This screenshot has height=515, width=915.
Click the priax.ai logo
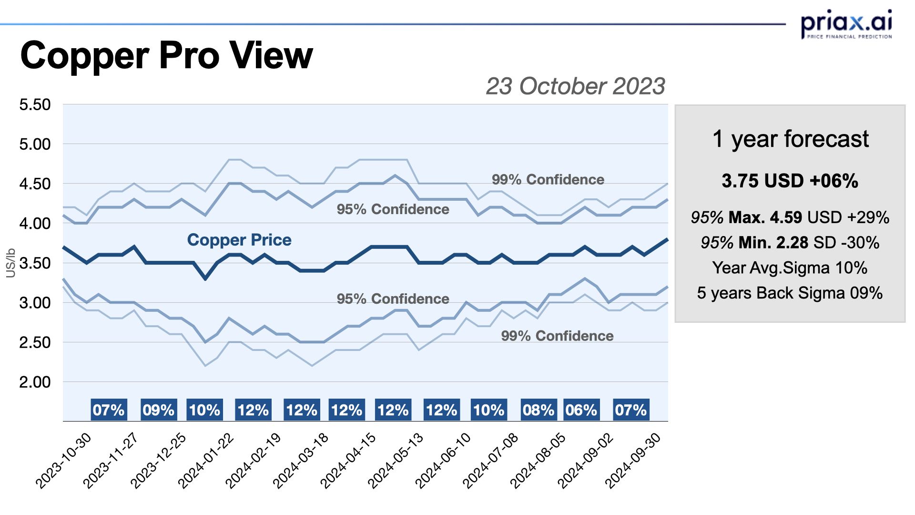pos(846,24)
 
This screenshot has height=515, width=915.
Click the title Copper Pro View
pos(166,55)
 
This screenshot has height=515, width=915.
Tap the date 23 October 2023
pos(575,86)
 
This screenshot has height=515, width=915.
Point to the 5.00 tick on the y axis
pos(35,144)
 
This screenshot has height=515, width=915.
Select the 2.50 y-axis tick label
pos(35,342)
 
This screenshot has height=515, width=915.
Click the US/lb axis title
pos(10,263)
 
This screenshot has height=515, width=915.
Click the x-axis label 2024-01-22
pos(206,461)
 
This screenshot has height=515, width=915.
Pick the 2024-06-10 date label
pos(443,461)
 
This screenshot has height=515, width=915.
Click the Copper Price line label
pos(239,240)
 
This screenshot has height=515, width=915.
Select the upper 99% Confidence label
pos(548,180)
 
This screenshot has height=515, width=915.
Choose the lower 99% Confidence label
pos(557,336)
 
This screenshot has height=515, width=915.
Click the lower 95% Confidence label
pos(393,299)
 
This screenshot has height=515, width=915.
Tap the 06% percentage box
pos(581,410)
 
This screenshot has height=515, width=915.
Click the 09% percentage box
pos(159,410)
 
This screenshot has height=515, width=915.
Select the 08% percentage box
pos(538,410)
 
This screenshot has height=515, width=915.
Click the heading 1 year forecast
pos(790,139)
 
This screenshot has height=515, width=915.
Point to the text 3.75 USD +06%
pos(790,181)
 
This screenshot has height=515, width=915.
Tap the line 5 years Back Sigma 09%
pos(790,293)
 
